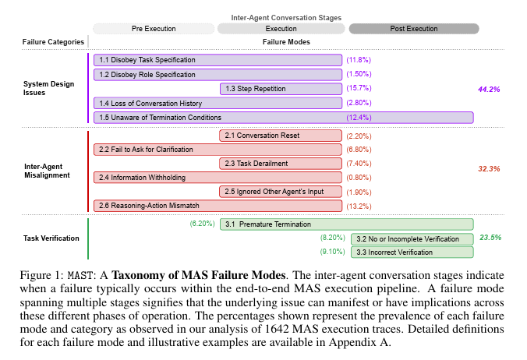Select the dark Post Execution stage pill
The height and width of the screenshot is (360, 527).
(x=413, y=29)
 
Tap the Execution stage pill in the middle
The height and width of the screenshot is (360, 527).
(x=282, y=29)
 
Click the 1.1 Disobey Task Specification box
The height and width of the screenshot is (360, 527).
(x=218, y=60)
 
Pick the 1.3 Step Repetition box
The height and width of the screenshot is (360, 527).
(x=281, y=89)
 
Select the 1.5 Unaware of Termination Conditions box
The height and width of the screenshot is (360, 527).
(x=284, y=118)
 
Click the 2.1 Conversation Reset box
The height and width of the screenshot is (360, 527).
(x=281, y=136)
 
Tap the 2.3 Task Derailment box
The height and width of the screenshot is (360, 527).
(x=281, y=164)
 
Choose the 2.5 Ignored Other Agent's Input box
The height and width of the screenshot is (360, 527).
(x=281, y=192)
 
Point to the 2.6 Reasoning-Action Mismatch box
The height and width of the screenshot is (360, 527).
(x=218, y=206)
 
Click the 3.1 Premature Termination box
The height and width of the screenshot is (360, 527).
(x=346, y=224)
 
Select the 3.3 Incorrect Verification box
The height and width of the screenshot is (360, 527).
(x=412, y=252)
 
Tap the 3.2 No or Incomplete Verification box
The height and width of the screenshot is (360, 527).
(x=412, y=238)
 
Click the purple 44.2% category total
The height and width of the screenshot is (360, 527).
(x=489, y=90)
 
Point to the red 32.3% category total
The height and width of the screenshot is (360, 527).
(x=489, y=168)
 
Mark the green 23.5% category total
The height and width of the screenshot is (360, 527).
(x=490, y=238)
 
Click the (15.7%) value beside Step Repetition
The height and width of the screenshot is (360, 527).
(x=359, y=89)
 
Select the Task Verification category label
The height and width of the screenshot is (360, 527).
(x=52, y=238)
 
